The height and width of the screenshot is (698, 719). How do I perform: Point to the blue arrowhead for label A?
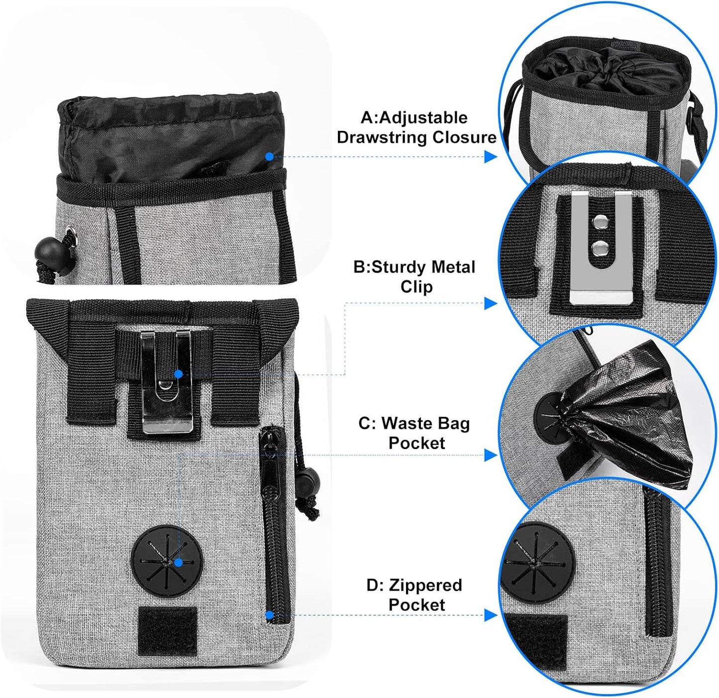point(491,157)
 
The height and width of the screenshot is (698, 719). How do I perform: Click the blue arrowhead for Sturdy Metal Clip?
point(491,303)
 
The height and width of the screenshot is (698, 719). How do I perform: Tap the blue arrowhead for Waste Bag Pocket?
point(491,455)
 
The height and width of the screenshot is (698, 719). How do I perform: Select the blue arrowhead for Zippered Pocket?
point(491,616)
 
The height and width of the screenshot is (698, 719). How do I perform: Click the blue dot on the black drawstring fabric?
point(269,156)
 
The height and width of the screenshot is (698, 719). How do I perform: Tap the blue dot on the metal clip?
point(179,373)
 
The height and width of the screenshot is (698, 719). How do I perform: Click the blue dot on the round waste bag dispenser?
point(178,563)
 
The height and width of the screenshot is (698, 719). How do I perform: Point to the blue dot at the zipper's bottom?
point(269,615)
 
